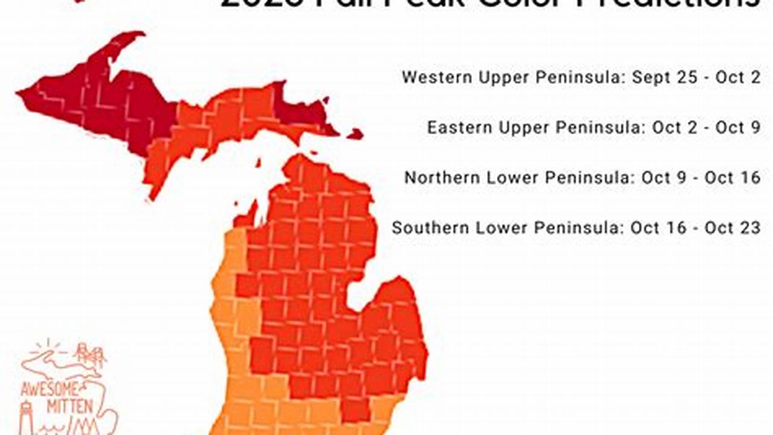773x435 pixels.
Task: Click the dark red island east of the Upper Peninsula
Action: [x=355, y=134]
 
